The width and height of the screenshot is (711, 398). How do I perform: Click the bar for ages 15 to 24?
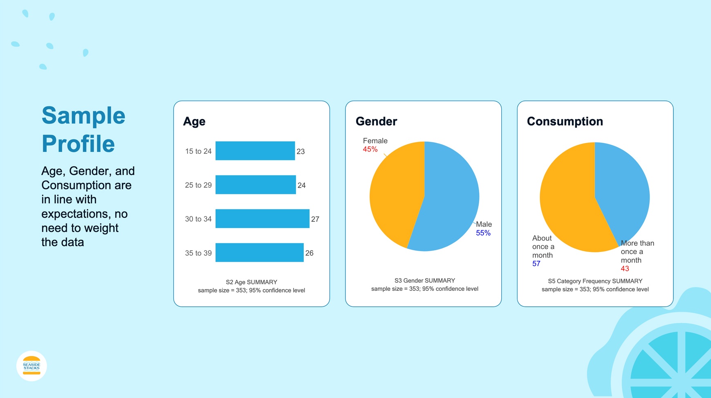[255, 151]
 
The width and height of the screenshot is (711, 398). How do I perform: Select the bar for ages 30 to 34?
[262, 219]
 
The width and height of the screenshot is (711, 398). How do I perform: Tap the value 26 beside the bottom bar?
[309, 253]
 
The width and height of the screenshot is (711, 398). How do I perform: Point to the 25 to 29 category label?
[198, 185]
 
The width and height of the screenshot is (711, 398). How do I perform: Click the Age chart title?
[194, 121]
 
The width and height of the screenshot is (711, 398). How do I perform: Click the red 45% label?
[370, 149]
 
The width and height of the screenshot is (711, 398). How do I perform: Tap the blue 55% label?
[483, 233]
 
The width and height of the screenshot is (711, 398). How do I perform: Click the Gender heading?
[376, 121]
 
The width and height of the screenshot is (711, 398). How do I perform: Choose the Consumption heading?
[565, 121]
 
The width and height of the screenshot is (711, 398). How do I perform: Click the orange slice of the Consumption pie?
[568, 205]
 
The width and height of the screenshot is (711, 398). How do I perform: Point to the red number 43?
[625, 269]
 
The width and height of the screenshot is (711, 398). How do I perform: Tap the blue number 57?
[536, 264]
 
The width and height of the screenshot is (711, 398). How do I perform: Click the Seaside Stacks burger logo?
[31, 366]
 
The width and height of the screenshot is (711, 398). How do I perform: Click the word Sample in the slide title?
[83, 116]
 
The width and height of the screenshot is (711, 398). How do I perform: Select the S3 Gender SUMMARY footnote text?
[424, 281]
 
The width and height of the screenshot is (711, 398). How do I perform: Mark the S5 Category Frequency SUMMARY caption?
[595, 281]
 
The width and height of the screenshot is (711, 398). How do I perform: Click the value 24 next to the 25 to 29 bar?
[301, 185]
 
